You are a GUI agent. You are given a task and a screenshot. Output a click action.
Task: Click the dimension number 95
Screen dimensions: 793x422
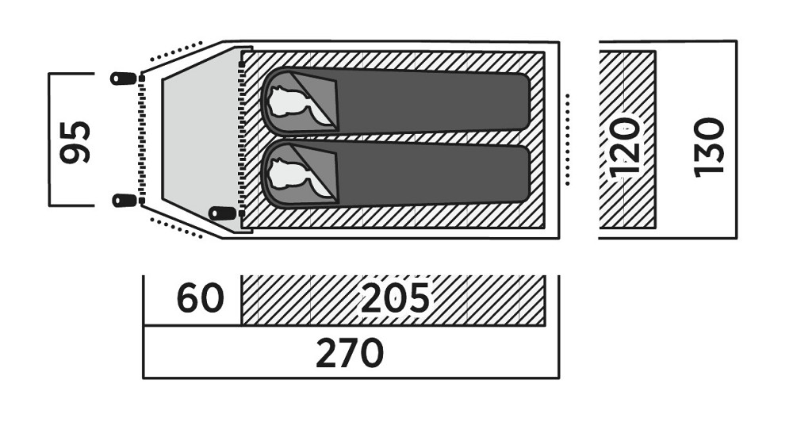pos(75,142)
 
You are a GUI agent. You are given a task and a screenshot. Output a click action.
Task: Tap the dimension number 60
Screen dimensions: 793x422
pos(201,298)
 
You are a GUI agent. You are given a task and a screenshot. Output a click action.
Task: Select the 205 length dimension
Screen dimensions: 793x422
pos(394,297)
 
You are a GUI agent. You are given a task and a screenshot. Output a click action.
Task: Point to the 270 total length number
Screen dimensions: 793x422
pos(350,353)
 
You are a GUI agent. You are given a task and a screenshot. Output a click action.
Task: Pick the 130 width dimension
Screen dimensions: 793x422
pos(709,148)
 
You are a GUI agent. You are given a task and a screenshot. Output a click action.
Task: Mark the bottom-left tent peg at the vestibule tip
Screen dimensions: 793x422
pos(124,201)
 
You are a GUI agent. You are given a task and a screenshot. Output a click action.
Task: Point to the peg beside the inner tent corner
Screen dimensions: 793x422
pos(223,213)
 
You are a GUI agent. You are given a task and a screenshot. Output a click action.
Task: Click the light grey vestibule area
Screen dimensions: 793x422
pos(201,139)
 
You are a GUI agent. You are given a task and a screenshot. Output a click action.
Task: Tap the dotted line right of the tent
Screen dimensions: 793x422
pos(568,139)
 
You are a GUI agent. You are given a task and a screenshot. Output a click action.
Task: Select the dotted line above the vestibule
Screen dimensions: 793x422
pos(177,52)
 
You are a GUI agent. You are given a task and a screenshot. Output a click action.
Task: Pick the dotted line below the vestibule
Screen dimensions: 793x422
pos(177,228)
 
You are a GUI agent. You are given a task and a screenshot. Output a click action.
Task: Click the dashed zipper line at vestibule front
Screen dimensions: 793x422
pos(142,139)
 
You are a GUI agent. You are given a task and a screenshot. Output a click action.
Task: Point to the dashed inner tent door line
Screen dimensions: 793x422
pos(242,139)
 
